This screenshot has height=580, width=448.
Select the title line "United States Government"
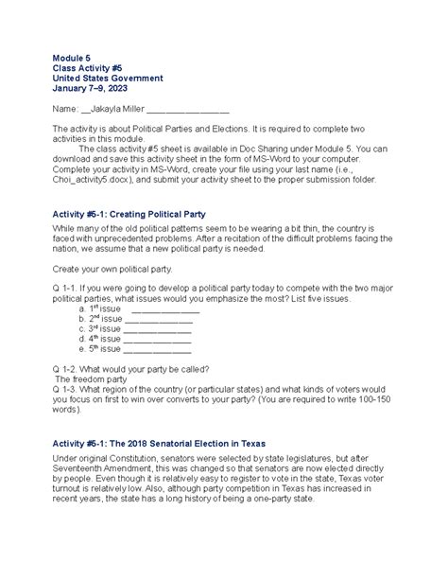[x=108, y=79]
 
